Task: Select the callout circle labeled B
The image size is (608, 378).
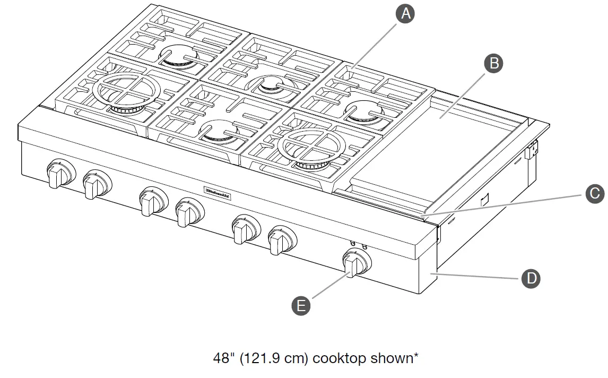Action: click(493, 63)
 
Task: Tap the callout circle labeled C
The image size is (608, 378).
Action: click(595, 193)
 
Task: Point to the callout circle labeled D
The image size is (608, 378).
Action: click(531, 278)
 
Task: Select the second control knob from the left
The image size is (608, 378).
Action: click(96, 184)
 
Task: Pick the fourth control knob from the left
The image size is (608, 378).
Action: click(187, 212)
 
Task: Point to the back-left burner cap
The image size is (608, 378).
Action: click(179, 56)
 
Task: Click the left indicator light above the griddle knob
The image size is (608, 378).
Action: click(353, 244)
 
